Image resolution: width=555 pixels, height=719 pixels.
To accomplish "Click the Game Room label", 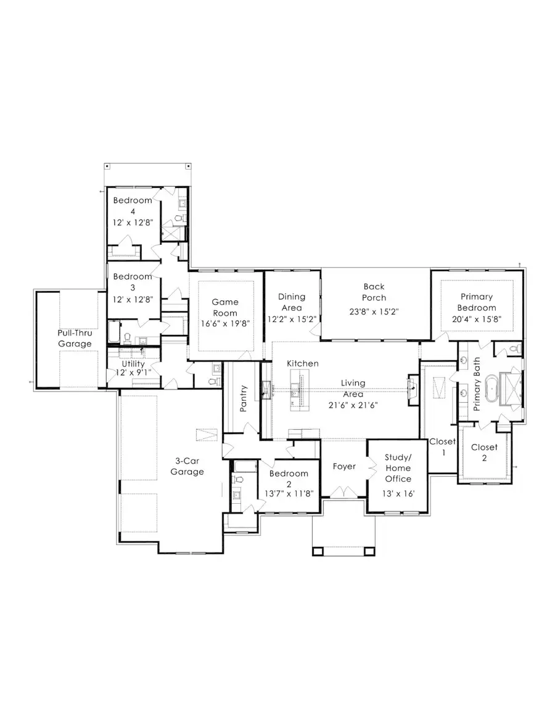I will tap(225, 307).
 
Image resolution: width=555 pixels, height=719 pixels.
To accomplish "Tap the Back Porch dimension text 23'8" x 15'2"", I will tap(374, 311).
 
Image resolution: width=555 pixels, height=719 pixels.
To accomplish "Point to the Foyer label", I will tap(344, 466).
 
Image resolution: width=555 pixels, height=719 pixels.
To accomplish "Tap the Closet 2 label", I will tap(483, 453).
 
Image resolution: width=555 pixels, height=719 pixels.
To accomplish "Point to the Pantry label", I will tap(244, 398).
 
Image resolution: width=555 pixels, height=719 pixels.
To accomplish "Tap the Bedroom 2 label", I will tap(289, 479).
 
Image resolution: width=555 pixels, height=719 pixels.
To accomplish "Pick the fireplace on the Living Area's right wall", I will tap(411, 388).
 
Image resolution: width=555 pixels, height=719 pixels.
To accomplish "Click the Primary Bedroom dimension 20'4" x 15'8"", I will tap(477, 319).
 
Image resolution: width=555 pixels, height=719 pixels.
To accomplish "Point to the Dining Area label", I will tap(292, 302).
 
